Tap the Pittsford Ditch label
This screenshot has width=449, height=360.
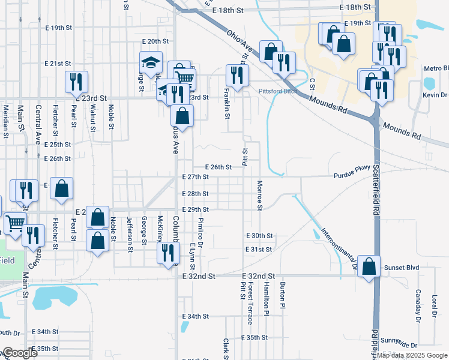pyautogui.click(x=278, y=91)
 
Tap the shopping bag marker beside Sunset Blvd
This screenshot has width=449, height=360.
pyautogui.click(x=369, y=266)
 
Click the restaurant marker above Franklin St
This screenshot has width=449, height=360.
pyautogui.click(x=237, y=75)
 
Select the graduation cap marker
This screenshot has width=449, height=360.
pyautogui.click(x=150, y=62)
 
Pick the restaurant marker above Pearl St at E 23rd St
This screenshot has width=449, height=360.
pyautogui.click(x=76, y=81)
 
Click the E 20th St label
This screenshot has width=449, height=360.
pyautogui.click(x=155, y=41)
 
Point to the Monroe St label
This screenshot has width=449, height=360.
pyautogui.click(x=260, y=196)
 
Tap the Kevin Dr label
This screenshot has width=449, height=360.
pyautogui.click(x=435, y=95)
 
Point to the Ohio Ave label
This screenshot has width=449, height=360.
pyautogui.click(x=239, y=43)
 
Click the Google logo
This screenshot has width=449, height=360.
pyautogui.click(x=19, y=353)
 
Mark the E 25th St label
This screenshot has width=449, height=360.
pyautogui.click(x=58, y=145)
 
